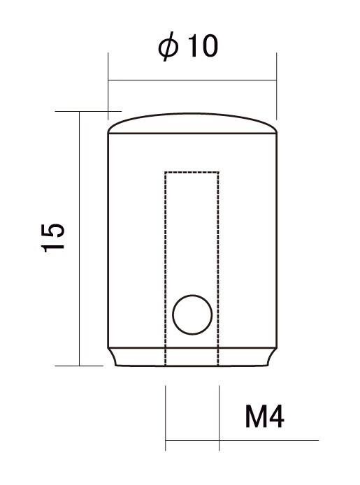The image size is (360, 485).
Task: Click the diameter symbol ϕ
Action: (x=168, y=47)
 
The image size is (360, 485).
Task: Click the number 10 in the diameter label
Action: (x=203, y=46)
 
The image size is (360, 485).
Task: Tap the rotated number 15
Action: (x=53, y=238)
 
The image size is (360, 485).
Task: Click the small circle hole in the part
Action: (x=192, y=314)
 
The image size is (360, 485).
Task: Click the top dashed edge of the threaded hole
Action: (x=192, y=172)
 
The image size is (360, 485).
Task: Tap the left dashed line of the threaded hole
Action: (x=166, y=268)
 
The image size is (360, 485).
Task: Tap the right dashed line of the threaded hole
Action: (x=218, y=268)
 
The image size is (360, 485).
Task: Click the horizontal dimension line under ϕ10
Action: (x=192, y=80)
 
